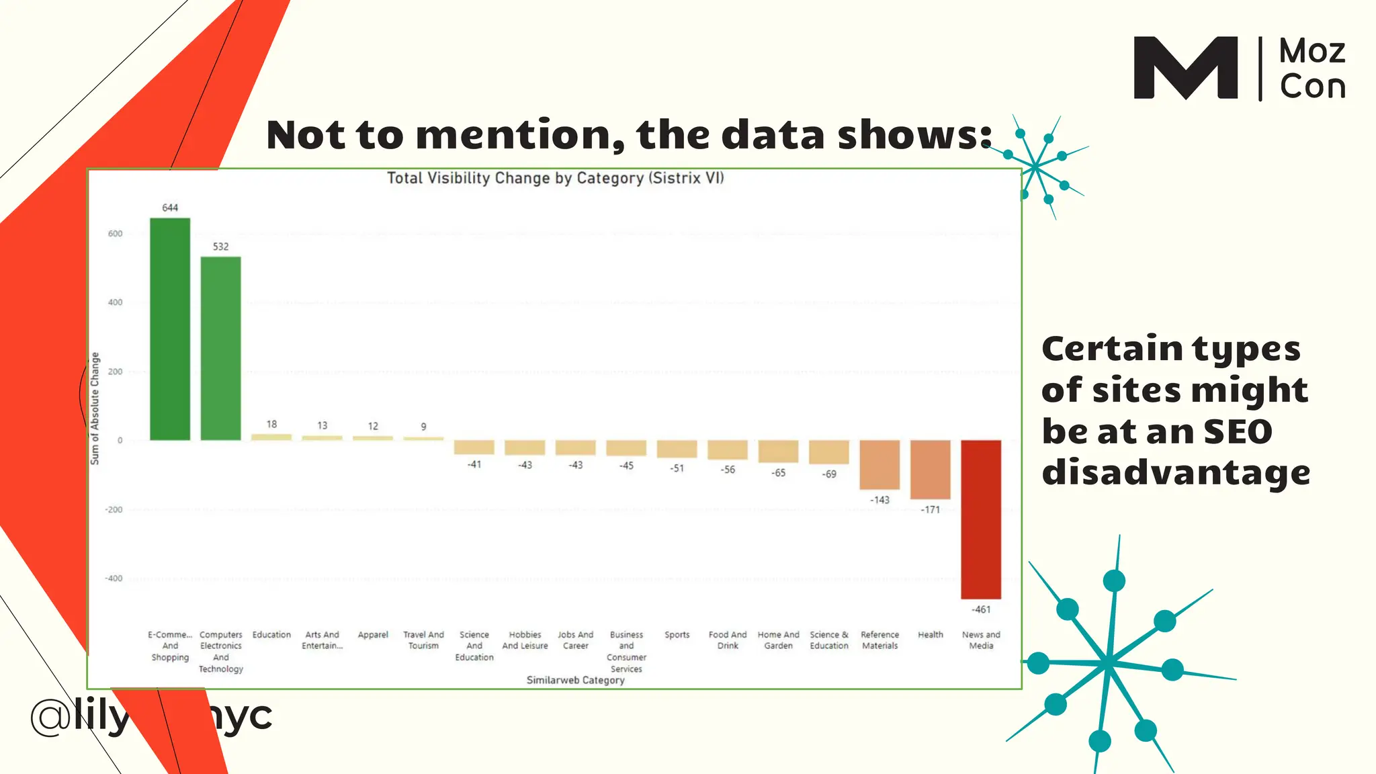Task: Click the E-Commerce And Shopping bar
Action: [x=170, y=329]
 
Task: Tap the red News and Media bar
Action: [x=981, y=519]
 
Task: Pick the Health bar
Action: [x=931, y=470]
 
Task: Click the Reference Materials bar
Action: [x=879, y=465]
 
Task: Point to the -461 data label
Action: [x=981, y=609]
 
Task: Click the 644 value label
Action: [x=170, y=208]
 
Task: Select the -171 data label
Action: [x=931, y=510]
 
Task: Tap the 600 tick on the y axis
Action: [x=116, y=234]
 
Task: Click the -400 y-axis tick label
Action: [x=114, y=578]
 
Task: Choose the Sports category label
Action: [x=677, y=635]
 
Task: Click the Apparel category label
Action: [x=373, y=635]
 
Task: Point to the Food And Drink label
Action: [x=728, y=640]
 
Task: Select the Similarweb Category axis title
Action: [x=575, y=680]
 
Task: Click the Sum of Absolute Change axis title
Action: [x=95, y=408]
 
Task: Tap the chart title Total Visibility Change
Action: [x=555, y=178]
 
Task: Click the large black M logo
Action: [x=1186, y=68]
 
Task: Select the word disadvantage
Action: [x=1176, y=472]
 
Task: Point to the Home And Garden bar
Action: [x=778, y=451]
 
